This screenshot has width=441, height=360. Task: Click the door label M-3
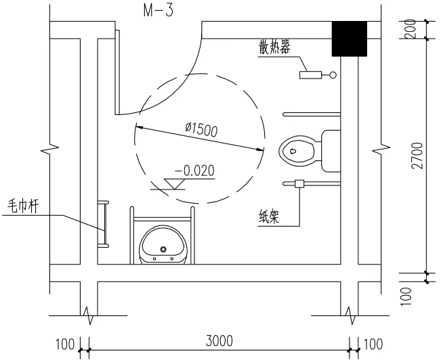tap(159, 12)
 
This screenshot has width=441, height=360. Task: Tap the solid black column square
tap(350, 39)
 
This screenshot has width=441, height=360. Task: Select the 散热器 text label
tap(274, 47)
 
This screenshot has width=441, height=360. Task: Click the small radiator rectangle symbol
tap(310, 75)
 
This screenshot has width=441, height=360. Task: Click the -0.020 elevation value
tap(194, 171)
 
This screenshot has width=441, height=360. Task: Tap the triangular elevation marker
tap(174, 184)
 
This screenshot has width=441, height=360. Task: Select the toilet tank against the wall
tap(331, 151)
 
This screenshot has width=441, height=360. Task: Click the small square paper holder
tap(299, 184)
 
